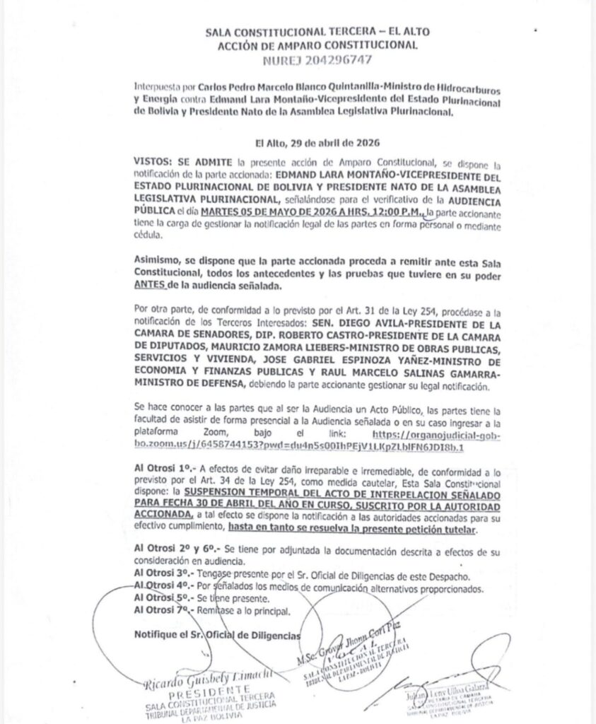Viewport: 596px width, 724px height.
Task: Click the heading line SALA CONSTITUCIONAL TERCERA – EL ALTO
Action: [317, 33]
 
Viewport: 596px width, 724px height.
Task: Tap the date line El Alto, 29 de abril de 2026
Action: [316, 141]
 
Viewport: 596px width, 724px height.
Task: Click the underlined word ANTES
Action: [152, 286]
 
